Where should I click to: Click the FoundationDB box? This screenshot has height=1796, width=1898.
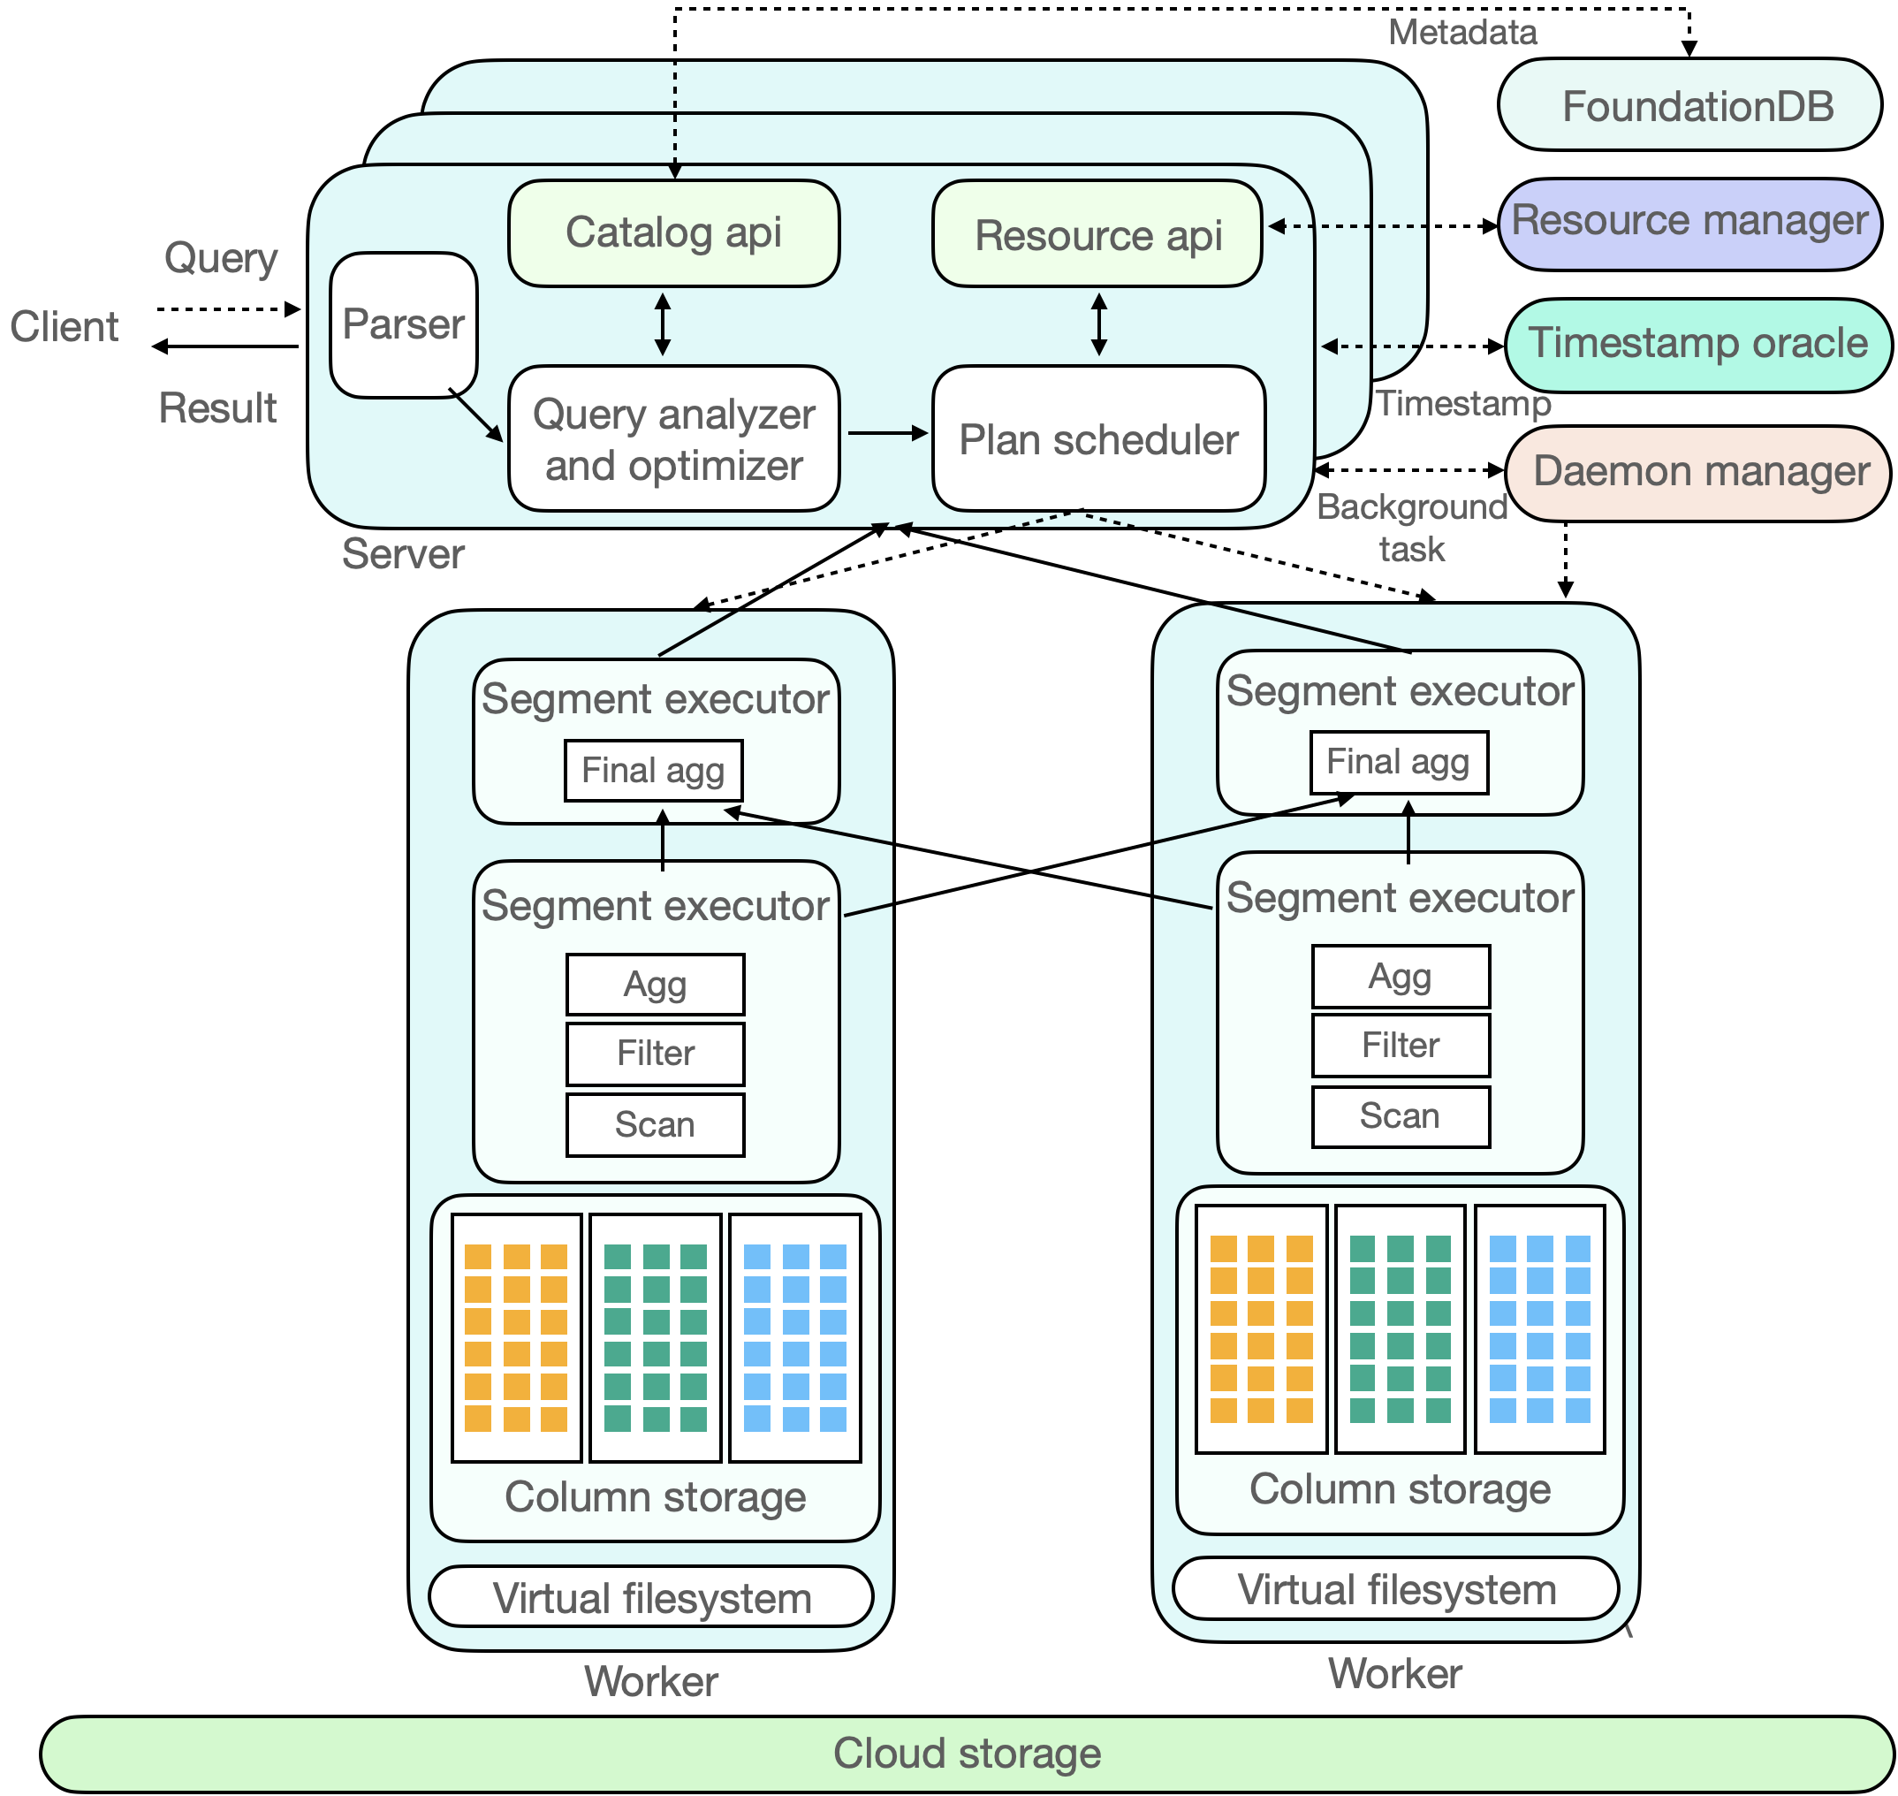pos(1689,105)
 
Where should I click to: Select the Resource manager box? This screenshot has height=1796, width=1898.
pos(1689,224)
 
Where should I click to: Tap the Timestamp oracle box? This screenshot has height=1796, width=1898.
pos(1698,346)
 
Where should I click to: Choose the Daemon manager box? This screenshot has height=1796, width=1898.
pos(1698,474)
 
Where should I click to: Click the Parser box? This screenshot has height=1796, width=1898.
pos(403,324)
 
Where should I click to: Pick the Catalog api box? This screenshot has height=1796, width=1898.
pos(674,232)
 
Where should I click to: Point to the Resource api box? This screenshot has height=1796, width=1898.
pos(1097,233)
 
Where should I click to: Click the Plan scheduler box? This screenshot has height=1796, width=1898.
pos(1099,438)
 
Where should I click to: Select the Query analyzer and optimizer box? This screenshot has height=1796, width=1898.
pos(674,438)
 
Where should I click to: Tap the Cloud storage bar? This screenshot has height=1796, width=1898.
pos(967,1753)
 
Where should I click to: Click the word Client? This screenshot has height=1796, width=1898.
pos(65,326)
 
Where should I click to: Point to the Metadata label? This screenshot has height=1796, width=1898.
pos(1462,33)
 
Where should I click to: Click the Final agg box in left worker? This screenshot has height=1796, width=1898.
pos(654,771)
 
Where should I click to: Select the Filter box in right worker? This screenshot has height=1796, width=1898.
pos(1401,1045)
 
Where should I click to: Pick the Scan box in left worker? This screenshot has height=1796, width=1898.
pos(655,1125)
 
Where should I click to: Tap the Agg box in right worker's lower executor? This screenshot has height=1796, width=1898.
pos(1401,977)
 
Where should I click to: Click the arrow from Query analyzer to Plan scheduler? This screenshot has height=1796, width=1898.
pos(888,434)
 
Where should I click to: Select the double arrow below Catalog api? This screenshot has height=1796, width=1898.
pos(663,324)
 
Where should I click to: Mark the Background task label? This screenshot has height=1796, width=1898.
pos(1412,528)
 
